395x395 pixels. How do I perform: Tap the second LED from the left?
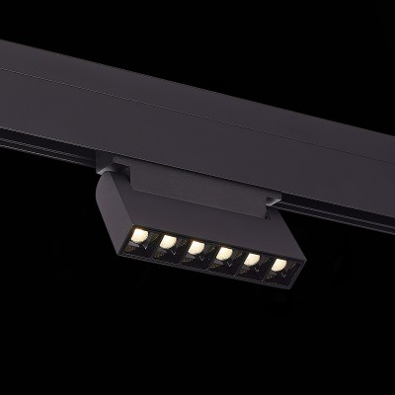(169, 240)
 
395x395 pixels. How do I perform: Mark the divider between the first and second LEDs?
(155, 239)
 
